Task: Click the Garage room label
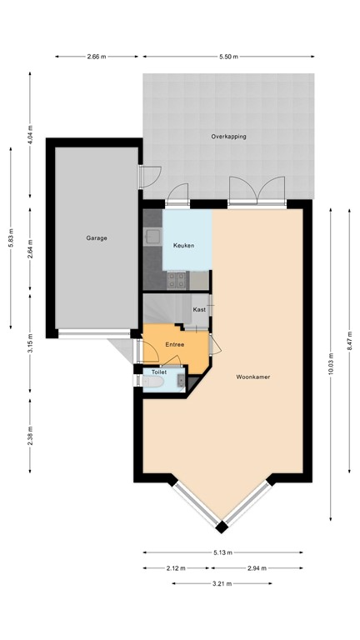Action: coord(96,238)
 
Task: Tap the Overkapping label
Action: coord(228,136)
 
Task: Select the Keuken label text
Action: coord(184,246)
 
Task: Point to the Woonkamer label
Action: coord(252,377)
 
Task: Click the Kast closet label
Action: coord(199,309)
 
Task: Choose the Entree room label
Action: coord(174,344)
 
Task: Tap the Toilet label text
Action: coord(158,372)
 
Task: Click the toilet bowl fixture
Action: coord(153,382)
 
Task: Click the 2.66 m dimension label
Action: coord(97,57)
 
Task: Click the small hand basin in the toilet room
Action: coord(181,382)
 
